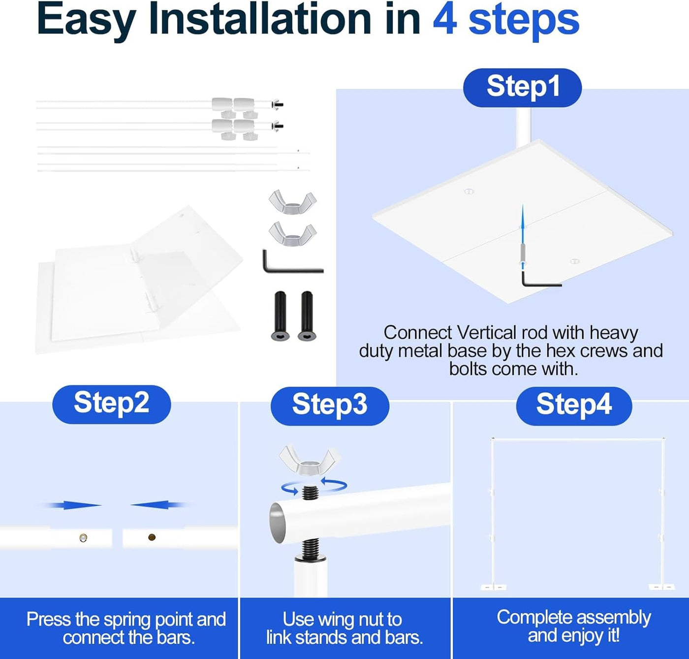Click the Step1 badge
tap(522, 88)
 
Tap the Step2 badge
tap(112, 404)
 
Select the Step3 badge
tap(330, 406)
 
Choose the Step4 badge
tap(574, 406)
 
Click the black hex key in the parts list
tap(292, 261)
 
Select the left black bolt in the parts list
tap(280, 316)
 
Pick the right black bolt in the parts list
tap(307, 316)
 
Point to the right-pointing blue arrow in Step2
tap(71, 505)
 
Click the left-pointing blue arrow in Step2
tap(160, 504)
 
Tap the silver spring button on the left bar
tap(83, 537)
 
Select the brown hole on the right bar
tap(152, 537)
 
